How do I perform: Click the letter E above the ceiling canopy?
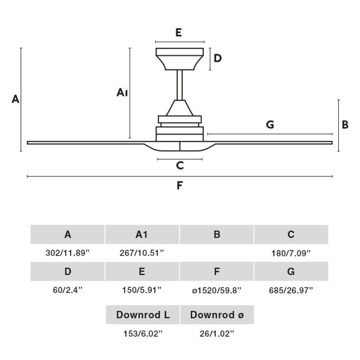[179, 32]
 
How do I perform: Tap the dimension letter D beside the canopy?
[218, 58]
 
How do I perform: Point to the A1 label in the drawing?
[122, 92]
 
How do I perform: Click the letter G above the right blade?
[270, 125]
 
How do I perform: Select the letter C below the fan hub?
[180, 165]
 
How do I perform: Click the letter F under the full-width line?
[180, 185]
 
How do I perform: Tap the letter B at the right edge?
[345, 125]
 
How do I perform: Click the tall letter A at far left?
[15, 99]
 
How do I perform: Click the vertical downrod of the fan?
[180, 85]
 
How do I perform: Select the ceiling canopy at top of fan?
[180, 59]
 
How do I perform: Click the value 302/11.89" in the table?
[67, 253]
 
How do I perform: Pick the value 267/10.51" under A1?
[142, 253]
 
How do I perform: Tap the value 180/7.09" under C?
[291, 253]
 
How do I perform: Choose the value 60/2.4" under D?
[67, 290]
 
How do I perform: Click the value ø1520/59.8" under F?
[217, 290]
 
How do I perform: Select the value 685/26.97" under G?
[291, 290]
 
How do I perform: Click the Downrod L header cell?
[143, 315]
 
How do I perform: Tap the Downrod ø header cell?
[217, 315]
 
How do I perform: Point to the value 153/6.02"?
[143, 333]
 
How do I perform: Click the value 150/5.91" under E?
[142, 290]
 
